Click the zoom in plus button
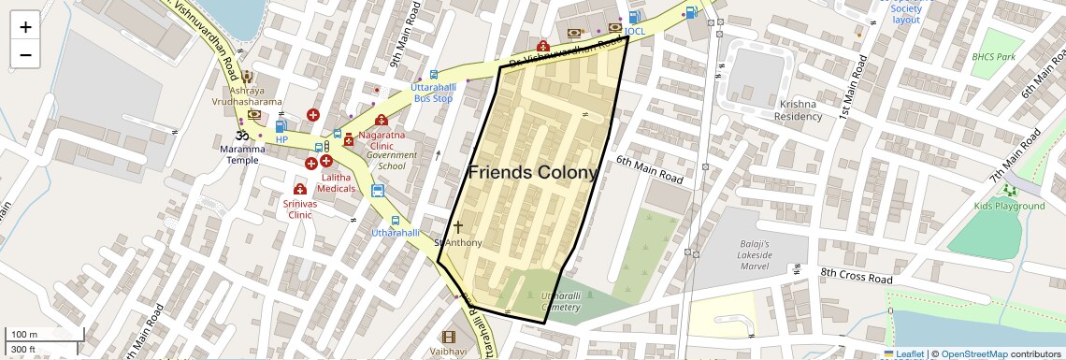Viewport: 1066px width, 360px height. point(25,27)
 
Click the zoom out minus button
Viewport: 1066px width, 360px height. point(25,54)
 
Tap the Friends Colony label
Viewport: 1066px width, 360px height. point(532,173)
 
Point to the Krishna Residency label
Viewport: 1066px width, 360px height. point(798,109)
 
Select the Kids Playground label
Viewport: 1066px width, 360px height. point(1009,206)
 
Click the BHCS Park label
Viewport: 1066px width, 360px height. point(993,57)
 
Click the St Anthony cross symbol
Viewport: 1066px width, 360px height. point(457,226)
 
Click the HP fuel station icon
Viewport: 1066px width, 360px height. point(281,125)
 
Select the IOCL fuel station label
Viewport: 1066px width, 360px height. point(635,31)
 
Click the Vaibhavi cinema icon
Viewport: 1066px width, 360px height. point(448,337)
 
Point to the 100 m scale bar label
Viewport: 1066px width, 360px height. point(24,335)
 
